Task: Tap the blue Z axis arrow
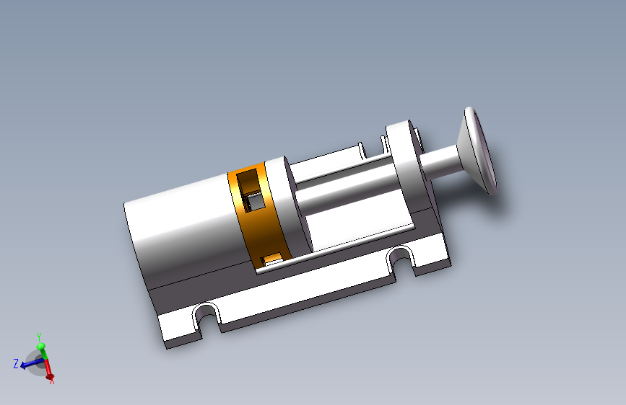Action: [31, 362]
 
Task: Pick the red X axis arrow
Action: [48, 369]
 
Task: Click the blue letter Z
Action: [16, 363]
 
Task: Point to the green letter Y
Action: [39, 337]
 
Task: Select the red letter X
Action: [52, 381]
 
